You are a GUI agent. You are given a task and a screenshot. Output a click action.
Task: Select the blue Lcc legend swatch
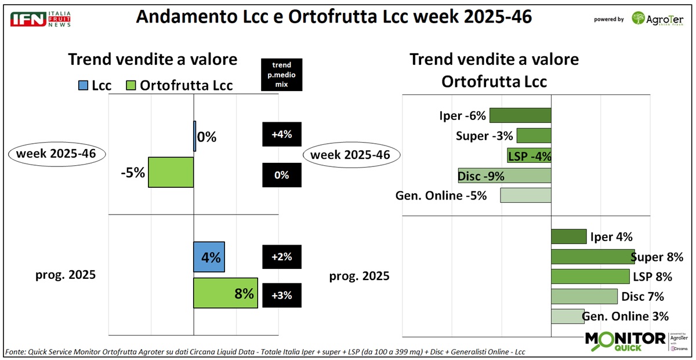click(83, 86)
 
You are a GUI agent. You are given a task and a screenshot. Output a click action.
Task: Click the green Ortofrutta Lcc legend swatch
click(131, 86)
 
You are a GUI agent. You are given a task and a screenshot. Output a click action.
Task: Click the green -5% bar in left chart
click(171, 172)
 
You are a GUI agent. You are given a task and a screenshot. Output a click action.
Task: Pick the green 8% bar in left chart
click(225, 293)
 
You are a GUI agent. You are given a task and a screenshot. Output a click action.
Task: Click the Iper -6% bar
click(520, 115)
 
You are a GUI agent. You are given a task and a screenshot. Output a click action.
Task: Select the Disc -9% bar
click(505, 176)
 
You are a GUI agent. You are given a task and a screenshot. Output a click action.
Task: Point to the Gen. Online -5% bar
click(525, 195)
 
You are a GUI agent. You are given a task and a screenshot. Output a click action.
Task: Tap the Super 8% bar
click(592, 257)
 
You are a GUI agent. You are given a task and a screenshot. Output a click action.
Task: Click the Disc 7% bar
click(583, 297)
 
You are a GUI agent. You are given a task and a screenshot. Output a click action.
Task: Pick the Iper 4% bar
click(568, 237)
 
